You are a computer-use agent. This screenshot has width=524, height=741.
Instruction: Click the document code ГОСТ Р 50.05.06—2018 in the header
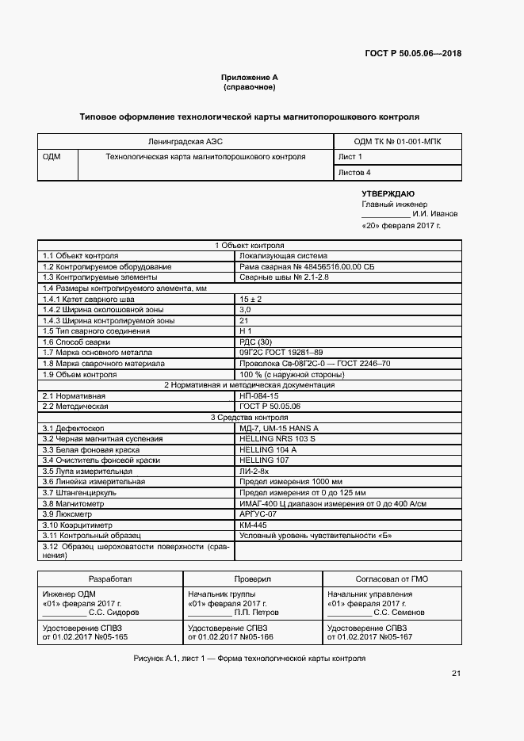click(412, 55)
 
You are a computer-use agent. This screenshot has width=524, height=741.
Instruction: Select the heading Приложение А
click(250, 77)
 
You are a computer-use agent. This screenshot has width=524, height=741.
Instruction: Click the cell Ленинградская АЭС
click(184, 141)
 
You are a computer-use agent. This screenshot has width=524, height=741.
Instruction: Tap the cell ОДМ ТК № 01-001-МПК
click(397, 141)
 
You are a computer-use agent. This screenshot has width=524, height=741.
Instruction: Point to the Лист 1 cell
click(350, 157)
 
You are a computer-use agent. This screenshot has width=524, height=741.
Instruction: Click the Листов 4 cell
click(354, 172)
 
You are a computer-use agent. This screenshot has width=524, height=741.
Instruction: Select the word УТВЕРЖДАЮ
click(388, 193)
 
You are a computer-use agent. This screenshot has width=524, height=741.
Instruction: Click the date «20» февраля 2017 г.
click(400, 225)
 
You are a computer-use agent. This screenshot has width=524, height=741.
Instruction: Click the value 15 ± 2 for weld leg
click(251, 299)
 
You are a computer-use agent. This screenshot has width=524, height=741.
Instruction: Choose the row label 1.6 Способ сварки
click(76, 342)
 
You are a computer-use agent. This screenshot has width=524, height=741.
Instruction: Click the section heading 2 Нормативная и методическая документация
click(249, 384)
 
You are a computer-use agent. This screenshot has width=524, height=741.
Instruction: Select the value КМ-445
click(254, 524)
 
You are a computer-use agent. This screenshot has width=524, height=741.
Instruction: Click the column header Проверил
click(252, 579)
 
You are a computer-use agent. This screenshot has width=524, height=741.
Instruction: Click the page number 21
click(456, 674)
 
